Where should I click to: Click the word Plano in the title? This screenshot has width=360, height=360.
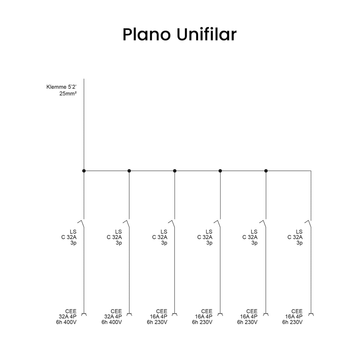[147, 34]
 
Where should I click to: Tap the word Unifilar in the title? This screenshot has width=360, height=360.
[207, 34]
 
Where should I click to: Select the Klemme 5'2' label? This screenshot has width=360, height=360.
[61, 87]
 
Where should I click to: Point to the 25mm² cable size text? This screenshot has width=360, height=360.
[68, 93]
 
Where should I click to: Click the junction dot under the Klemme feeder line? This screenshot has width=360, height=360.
[84, 171]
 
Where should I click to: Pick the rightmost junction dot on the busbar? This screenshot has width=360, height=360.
[266, 171]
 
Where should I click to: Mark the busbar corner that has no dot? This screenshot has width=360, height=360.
[311, 171]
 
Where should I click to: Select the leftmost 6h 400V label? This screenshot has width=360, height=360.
[66, 322]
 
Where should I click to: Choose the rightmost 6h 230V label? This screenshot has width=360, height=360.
[292, 322]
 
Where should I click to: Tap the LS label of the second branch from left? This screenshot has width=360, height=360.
[118, 232]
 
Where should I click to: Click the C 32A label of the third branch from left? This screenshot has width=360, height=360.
[160, 237]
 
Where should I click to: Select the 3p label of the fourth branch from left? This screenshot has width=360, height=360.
[209, 243]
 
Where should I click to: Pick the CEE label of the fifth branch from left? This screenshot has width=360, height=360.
[252, 311]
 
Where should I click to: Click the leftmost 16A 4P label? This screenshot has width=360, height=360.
[159, 316]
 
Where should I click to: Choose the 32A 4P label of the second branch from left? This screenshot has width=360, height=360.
[113, 316]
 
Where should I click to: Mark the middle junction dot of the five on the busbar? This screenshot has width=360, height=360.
[175, 171]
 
